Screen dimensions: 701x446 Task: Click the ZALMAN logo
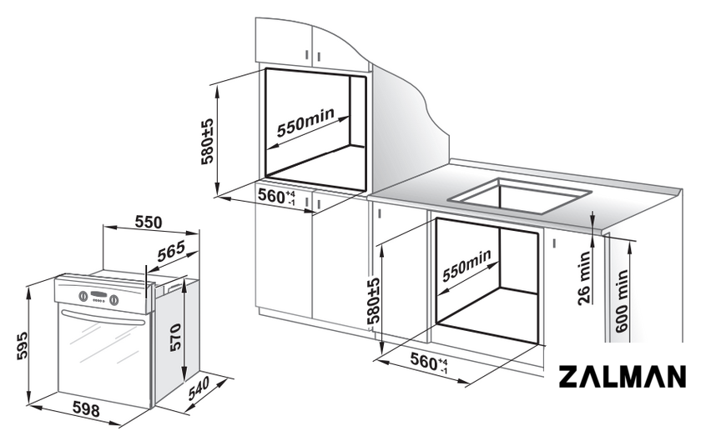tap(623, 376)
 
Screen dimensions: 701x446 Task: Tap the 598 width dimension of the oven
tap(86, 409)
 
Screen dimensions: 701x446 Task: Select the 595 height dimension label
tap(22, 345)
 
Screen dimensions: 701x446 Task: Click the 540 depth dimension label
tap(199, 388)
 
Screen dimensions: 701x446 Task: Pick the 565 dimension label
tap(171, 252)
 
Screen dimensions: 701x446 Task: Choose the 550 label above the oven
tap(148, 222)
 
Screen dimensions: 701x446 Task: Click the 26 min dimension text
tap(584, 278)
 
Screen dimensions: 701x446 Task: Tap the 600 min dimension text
tap(622, 300)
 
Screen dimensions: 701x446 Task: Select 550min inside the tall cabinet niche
tap(305, 122)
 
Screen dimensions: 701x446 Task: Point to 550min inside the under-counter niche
tap(466, 265)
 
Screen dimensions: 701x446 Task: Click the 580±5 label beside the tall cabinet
tap(208, 142)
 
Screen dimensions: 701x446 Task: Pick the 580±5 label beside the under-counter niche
tap(373, 300)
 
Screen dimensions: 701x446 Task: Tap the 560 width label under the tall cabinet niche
tap(277, 197)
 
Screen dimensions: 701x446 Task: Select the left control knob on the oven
tap(83, 296)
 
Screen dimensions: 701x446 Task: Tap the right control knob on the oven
tap(114, 299)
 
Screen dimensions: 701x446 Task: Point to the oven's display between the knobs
tap(98, 296)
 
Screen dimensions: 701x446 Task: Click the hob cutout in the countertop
tap(520, 196)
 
